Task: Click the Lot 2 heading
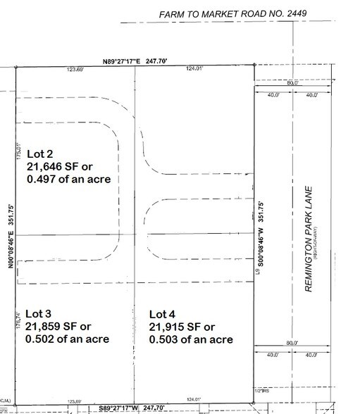tap(40, 153)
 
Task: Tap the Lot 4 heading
tap(163, 313)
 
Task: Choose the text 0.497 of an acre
tap(68, 180)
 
